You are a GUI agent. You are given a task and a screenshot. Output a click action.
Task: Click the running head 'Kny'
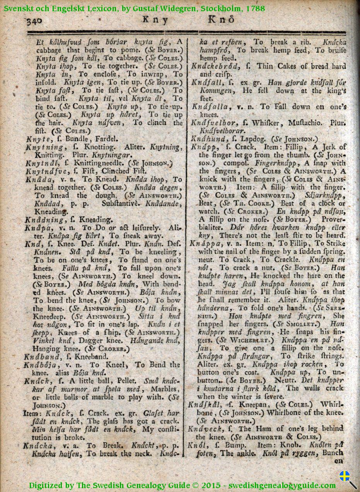point(155,20)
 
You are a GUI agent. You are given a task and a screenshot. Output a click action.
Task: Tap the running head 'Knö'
point(221,20)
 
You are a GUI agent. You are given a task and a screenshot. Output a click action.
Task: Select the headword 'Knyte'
point(36,138)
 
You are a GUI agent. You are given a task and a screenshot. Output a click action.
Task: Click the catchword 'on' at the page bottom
point(338,461)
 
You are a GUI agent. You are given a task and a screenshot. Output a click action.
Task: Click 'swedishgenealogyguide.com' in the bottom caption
point(282,485)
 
